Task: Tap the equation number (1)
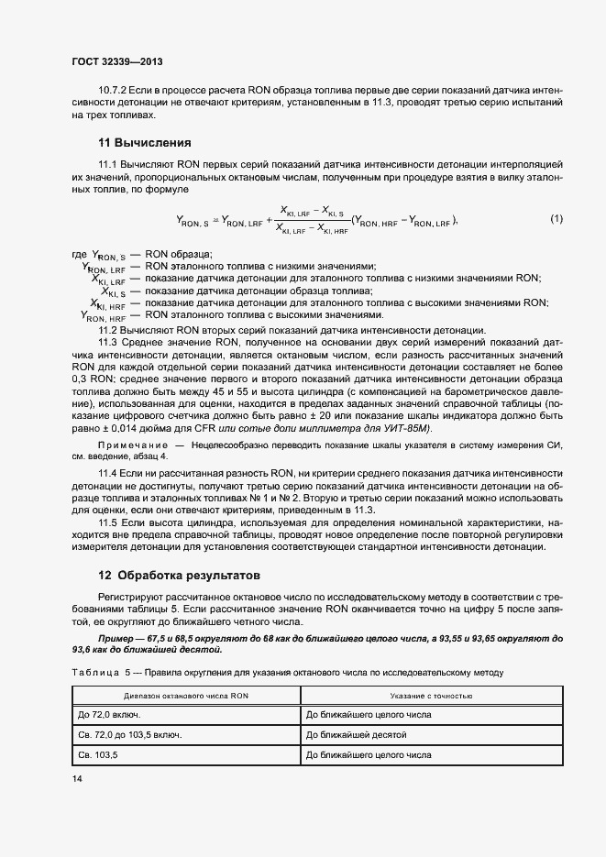click(x=556, y=219)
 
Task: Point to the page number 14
click(x=76, y=778)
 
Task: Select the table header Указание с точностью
click(x=431, y=697)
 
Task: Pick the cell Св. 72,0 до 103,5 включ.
click(x=129, y=735)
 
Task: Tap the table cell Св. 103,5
click(x=97, y=756)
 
